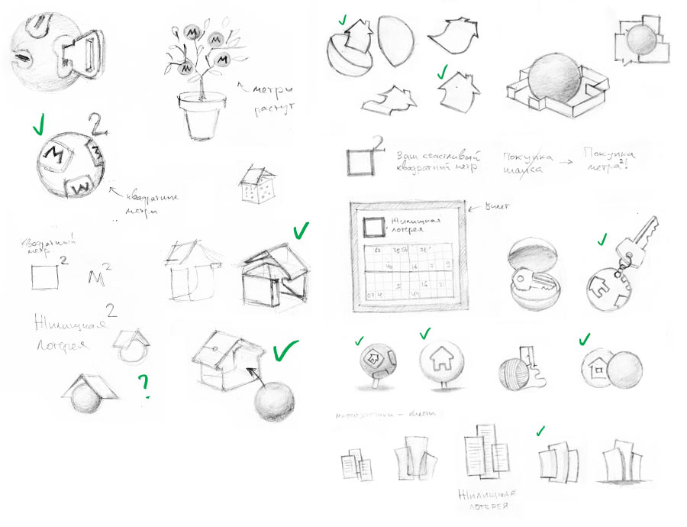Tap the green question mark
pyautogui.click(x=143, y=386)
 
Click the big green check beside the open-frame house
pyautogui.click(x=300, y=230)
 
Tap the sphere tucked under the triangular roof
pyautogui.click(x=86, y=400)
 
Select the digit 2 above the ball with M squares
pyautogui.click(x=94, y=122)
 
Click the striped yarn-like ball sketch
pyautogui.click(x=514, y=373)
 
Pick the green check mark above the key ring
pyautogui.click(x=602, y=240)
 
